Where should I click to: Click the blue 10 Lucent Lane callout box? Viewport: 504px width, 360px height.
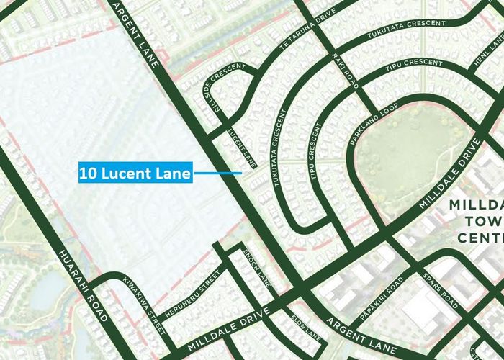[135, 173]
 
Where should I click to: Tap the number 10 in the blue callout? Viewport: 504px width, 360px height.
[87, 173]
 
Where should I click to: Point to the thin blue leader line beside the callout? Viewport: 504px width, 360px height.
[217, 173]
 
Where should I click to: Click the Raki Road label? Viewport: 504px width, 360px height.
[345, 71]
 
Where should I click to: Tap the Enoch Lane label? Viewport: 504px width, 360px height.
[256, 267]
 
